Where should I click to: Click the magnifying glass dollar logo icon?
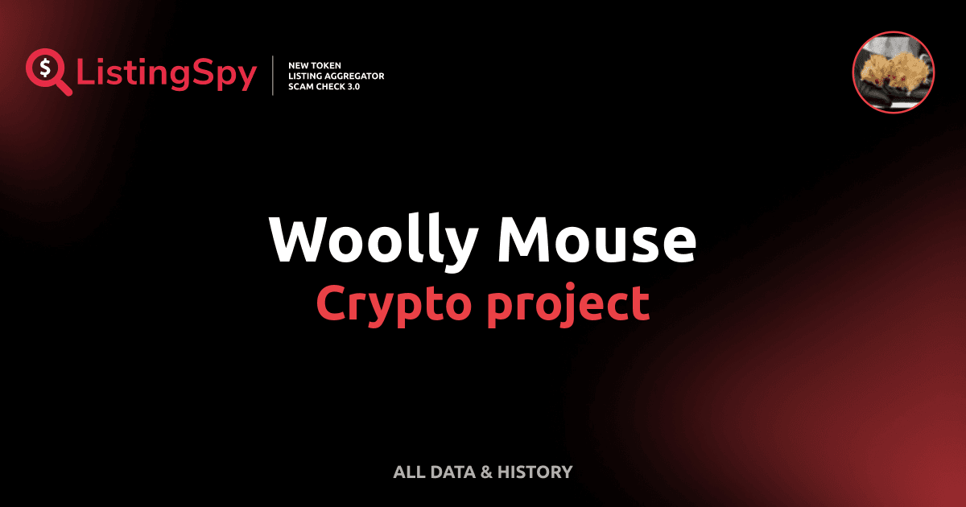47,72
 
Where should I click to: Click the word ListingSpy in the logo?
167,74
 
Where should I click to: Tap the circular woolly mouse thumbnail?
893,73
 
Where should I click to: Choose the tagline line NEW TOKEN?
315,64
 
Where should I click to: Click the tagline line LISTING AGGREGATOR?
336,76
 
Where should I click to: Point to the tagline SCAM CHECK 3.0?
324,87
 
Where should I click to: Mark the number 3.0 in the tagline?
353,87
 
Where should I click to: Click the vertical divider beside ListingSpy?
274,76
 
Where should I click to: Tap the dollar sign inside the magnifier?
43,67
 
